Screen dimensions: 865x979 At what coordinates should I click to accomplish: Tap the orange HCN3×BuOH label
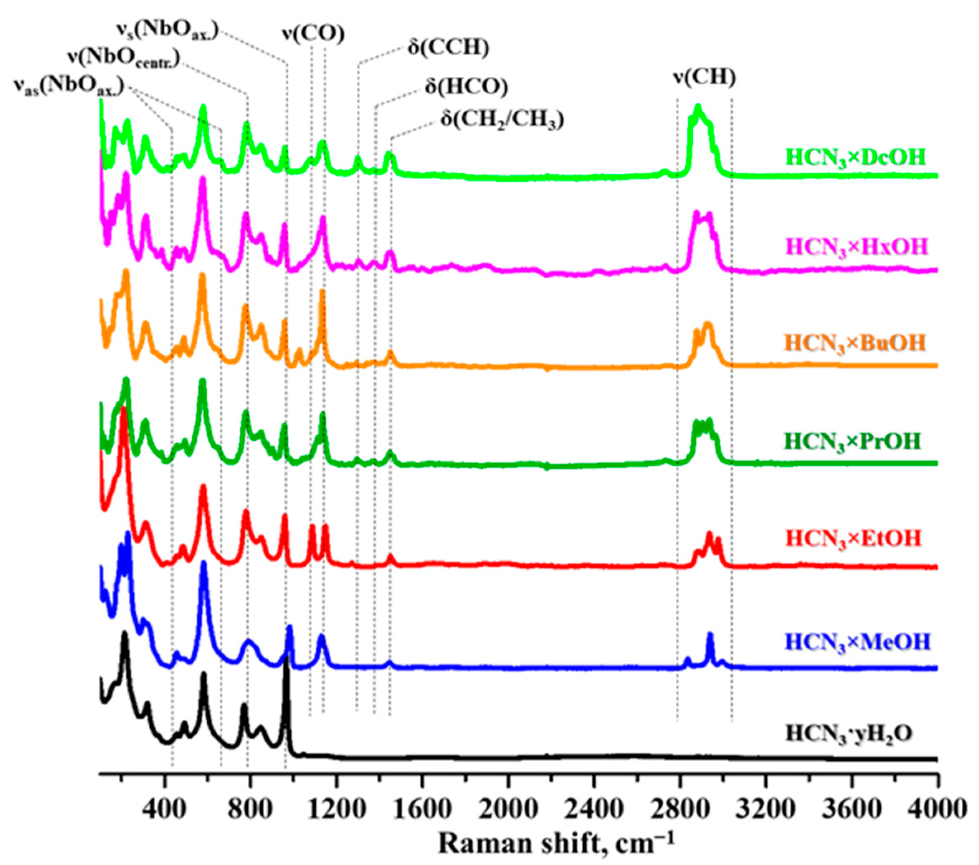pyautogui.click(x=855, y=343)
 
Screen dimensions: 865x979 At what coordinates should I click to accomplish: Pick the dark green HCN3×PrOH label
pyautogui.click(x=853, y=441)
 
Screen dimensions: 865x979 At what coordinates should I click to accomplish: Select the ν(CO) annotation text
pyautogui.click(x=313, y=34)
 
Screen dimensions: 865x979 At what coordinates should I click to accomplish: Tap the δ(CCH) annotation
pyautogui.click(x=448, y=48)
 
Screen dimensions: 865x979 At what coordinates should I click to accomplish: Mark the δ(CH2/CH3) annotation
pyautogui.click(x=502, y=120)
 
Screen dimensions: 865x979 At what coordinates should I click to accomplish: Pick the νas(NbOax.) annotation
pyautogui.click(x=69, y=88)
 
